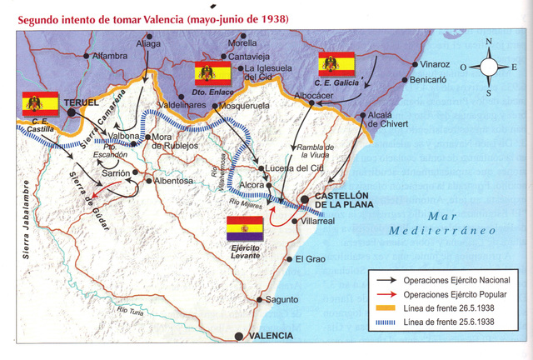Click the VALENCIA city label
pos(270,336)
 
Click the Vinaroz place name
pos(435,63)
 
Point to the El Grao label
pos(310,258)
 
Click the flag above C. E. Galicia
pos(336,64)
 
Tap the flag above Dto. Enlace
pos(212,72)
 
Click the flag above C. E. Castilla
pos(40,104)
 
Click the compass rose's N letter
pos(490,42)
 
